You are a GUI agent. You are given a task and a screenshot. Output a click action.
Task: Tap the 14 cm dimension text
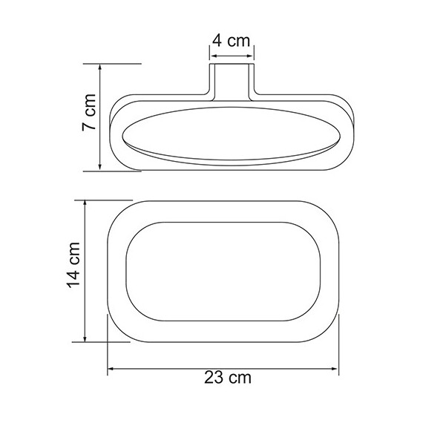72,272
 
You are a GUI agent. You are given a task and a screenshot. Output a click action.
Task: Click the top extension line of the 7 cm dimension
119,64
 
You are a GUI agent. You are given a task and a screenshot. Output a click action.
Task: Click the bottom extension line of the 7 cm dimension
122,171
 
